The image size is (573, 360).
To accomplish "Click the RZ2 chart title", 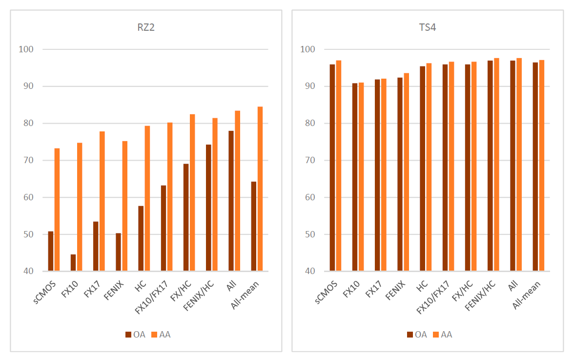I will [145, 27].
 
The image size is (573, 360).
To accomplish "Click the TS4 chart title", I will [427, 27].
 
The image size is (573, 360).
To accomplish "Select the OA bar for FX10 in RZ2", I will [73, 263].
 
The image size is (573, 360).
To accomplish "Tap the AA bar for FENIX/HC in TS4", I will [496, 165].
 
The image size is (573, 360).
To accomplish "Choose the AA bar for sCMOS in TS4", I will [339, 166].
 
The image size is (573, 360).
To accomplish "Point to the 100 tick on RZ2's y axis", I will [26, 49].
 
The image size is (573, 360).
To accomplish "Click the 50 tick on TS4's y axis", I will [307, 234].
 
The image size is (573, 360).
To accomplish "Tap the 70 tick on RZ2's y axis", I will [26, 160].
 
